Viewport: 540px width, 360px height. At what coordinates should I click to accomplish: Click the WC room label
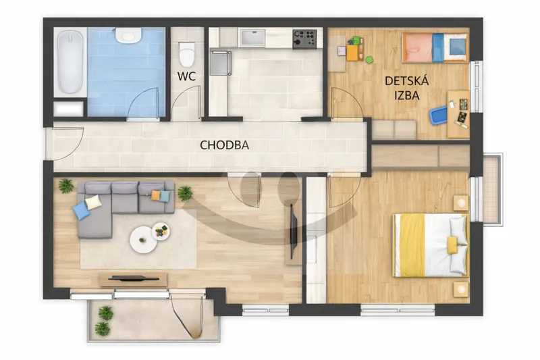(186, 76)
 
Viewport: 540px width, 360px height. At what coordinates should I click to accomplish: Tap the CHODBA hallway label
(224, 145)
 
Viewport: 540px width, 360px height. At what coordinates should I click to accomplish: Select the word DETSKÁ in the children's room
(406, 81)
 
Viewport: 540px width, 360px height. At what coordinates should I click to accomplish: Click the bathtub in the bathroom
(70, 62)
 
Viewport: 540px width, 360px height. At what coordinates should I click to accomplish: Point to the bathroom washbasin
(128, 36)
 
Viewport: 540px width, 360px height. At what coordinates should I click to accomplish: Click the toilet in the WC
(187, 54)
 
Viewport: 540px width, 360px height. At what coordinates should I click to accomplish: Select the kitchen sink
(252, 38)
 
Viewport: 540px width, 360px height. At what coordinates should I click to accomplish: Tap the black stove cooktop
(304, 38)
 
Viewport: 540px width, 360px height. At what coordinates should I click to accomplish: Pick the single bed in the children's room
(435, 47)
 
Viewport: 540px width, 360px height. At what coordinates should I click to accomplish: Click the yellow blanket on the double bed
(410, 245)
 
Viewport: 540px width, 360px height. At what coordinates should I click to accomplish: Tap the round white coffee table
(143, 240)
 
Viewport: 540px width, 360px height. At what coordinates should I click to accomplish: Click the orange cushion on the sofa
(156, 195)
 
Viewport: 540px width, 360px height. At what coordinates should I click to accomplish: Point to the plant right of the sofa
(185, 193)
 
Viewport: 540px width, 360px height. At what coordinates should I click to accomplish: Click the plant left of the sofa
(65, 186)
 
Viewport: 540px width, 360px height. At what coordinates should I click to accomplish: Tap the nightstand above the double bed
(461, 203)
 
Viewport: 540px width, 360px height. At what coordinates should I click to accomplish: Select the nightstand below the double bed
(461, 289)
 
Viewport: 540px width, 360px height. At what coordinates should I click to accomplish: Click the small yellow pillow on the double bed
(452, 245)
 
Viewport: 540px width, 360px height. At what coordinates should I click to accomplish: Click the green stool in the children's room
(369, 60)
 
